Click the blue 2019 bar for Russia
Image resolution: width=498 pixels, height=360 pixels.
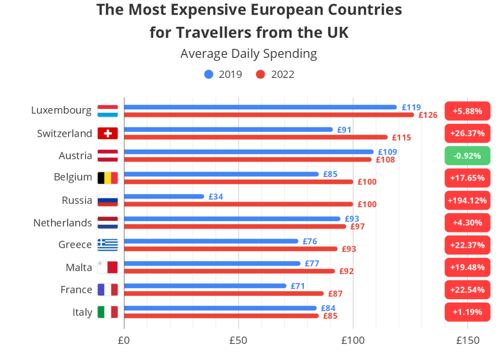[x=164, y=197]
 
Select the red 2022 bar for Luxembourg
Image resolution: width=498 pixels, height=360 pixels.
[x=269, y=115]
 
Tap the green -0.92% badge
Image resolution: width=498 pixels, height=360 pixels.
[x=467, y=156]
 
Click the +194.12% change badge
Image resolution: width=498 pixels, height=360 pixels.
[x=467, y=200]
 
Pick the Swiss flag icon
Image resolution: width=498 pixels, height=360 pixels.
[x=107, y=133]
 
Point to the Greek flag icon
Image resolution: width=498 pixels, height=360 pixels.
[x=107, y=245]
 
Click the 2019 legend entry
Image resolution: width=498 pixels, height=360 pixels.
[x=223, y=74]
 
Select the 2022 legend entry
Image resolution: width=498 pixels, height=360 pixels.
[x=275, y=74]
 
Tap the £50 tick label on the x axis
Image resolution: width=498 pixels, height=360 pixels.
[x=238, y=341]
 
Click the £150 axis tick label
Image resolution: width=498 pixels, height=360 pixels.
[x=467, y=341]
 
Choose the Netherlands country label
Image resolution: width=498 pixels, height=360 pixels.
[x=62, y=223]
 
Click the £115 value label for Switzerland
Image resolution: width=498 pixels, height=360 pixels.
[x=401, y=138]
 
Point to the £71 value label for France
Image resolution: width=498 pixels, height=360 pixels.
[x=298, y=286]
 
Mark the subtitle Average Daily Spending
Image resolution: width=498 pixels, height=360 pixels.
[x=249, y=54]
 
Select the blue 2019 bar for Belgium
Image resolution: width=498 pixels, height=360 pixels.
[x=221, y=174]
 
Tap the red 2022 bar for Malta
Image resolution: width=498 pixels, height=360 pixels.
[x=229, y=271]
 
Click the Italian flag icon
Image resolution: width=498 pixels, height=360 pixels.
[x=107, y=312]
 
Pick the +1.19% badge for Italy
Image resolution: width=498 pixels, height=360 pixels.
[x=467, y=312]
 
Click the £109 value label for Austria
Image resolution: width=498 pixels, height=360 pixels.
[x=387, y=152]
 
